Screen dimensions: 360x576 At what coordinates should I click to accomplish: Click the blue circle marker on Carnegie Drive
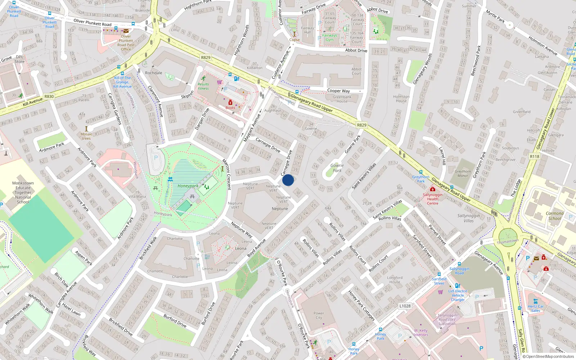coord(288,180)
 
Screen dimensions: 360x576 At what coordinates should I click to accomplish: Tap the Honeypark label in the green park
coord(188,186)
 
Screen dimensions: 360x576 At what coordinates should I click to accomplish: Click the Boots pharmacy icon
coord(230,103)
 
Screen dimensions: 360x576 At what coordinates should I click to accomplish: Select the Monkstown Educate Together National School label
coord(23,193)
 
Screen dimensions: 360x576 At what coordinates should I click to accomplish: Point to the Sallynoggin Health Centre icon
coord(433,189)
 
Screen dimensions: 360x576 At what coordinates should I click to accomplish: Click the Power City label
coord(319,315)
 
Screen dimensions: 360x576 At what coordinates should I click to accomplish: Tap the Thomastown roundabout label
coord(508,241)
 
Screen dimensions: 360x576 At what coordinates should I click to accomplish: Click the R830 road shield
coord(49,96)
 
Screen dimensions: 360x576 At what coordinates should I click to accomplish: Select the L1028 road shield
coord(405,306)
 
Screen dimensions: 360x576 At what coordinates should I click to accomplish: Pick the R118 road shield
coord(535,156)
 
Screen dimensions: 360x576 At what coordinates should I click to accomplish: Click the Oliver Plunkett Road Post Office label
coord(126,43)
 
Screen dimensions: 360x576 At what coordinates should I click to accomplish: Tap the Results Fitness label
coord(203,86)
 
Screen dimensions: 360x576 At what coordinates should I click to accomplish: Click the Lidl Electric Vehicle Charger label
coord(458,295)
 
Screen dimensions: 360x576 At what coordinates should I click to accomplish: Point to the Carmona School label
coord(554,216)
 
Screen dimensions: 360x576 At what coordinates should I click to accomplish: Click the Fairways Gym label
coord(329,37)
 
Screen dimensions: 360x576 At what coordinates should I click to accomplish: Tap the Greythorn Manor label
coord(463,174)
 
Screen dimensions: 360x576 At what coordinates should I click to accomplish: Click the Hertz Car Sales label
coord(536,309)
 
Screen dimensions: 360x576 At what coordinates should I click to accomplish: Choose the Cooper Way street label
coord(338,91)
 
